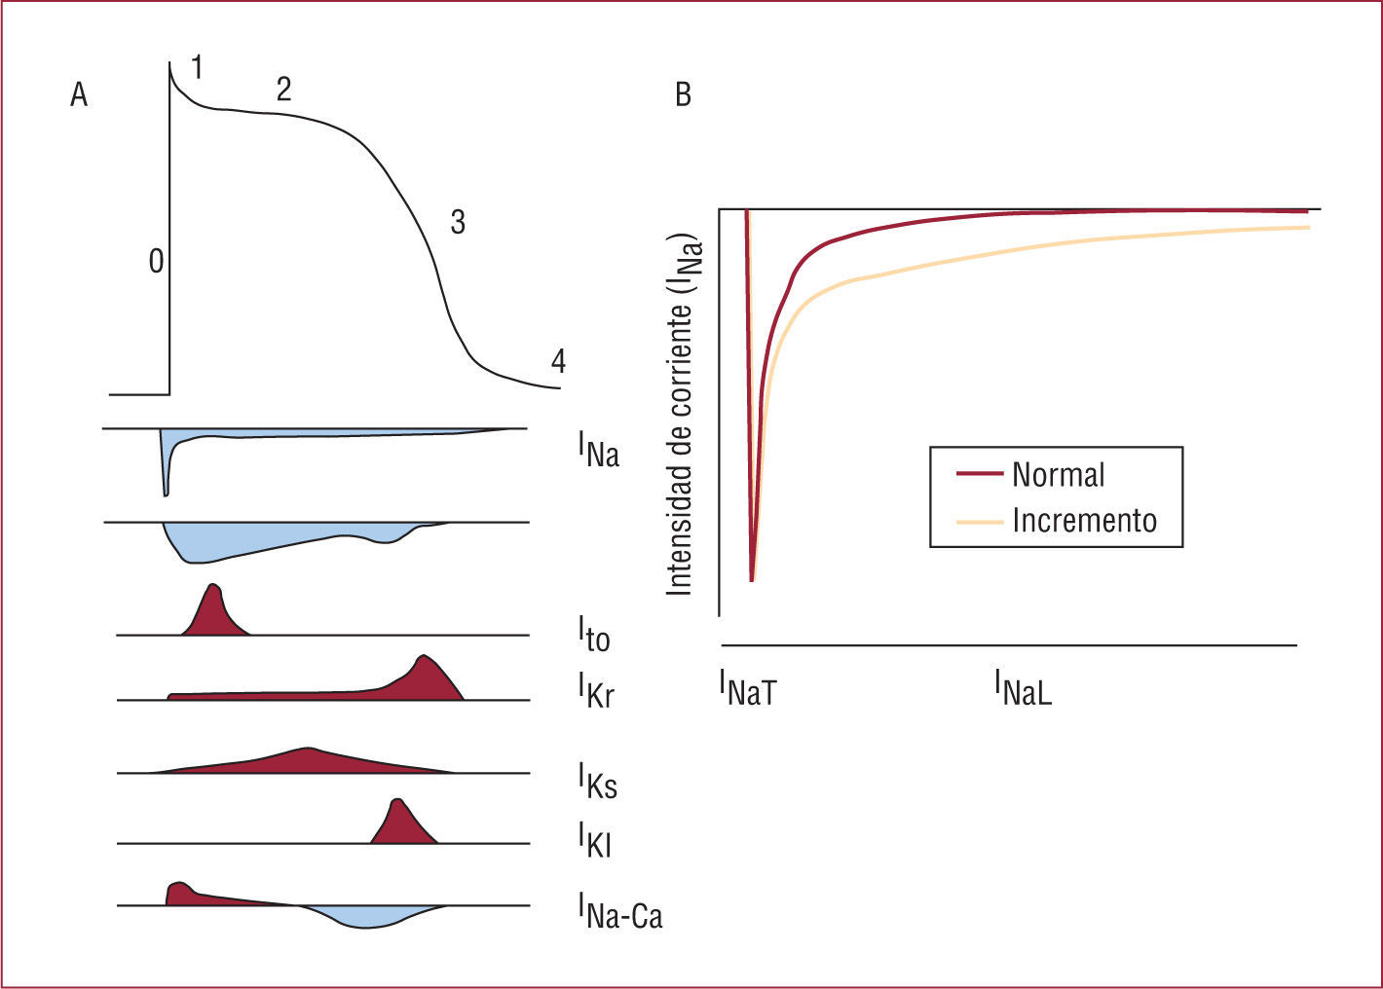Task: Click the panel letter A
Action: (79, 94)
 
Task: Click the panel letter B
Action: (683, 94)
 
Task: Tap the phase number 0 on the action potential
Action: (156, 261)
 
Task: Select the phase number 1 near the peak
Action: (197, 68)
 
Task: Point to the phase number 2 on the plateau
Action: (283, 90)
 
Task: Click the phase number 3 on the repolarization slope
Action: (457, 222)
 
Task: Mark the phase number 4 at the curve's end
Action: (558, 361)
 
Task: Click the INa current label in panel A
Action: (598, 451)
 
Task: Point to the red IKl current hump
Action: (400, 824)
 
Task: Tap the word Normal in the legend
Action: (1059, 475)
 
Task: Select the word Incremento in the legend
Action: (1084, 520)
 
